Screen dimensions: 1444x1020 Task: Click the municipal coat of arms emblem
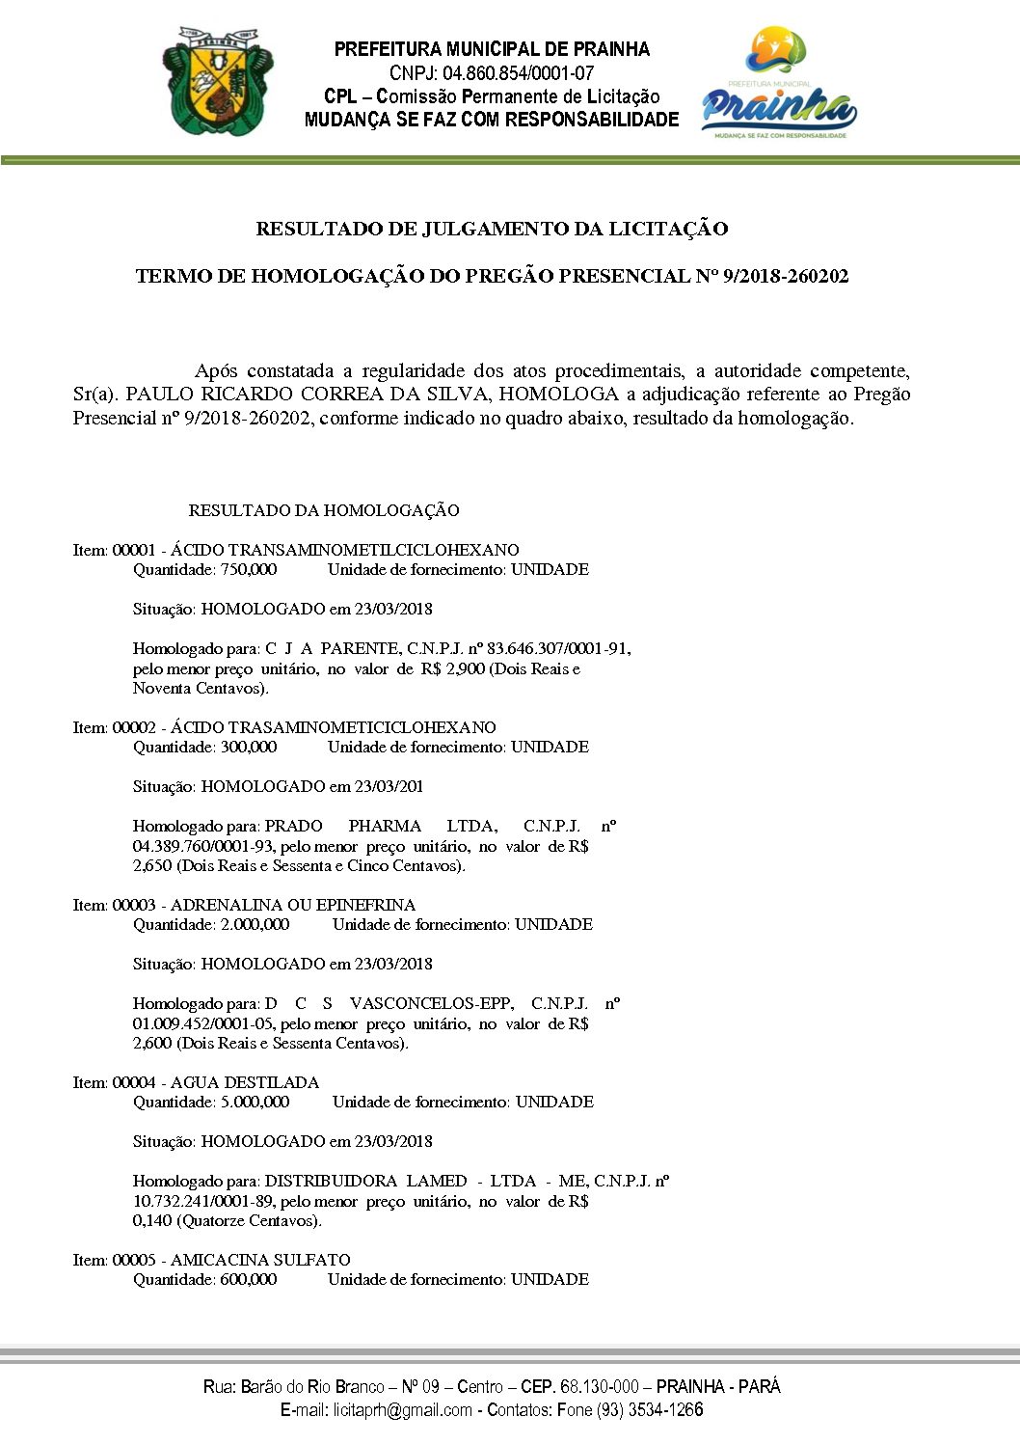coord(217,81)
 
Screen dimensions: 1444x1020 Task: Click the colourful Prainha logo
coord(778,85)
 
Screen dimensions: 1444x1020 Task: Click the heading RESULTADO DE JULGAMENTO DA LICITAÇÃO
coord(492,230)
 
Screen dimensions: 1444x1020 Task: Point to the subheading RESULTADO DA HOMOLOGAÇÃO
coord(324,510)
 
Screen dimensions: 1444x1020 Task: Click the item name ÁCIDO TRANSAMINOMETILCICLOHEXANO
coord(344,550)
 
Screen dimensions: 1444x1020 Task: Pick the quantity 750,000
coord(249,569)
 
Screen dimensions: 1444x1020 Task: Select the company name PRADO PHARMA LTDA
coord(381,826)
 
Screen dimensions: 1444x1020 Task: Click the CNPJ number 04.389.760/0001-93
coord(203,846)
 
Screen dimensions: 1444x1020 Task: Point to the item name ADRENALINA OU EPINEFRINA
coord(293,905)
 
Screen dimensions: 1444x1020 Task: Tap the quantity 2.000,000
coord(255,924)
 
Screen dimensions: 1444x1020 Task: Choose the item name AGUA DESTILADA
coord(245,1082)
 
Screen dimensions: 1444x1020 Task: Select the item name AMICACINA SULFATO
coord(260,1260)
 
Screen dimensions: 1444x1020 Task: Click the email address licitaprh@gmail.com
coord(403,1410)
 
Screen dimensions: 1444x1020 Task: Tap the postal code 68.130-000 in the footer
coord(599,1387)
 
